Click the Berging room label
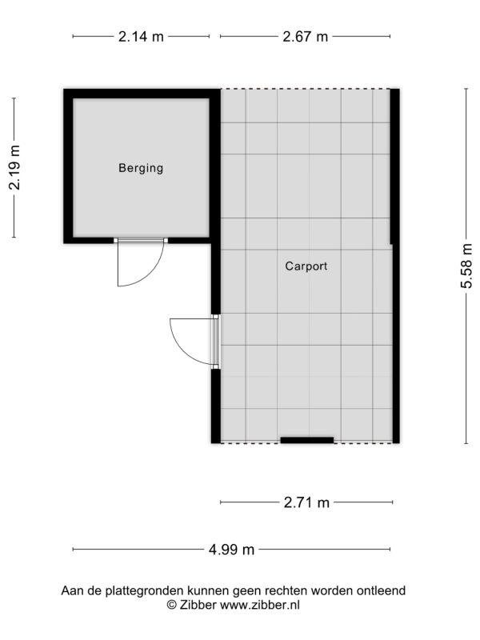(141, 168)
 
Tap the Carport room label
(306, 266)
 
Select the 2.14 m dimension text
(141, 37)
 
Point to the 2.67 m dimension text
(306, 37)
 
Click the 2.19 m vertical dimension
(14, 167)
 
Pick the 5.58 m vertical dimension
(466, 266)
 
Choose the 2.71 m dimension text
(306, 502)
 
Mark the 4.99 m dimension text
(231, 550)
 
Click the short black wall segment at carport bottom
(307, 440)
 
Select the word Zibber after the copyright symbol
(198, 605)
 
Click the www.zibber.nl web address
(260, 605)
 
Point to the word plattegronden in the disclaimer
(145, 590)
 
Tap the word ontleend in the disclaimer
(381, 590)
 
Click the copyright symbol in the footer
(172, 605)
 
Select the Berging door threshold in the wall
(141, 241)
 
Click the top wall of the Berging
(142, 94)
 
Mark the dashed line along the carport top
(306, 89)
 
